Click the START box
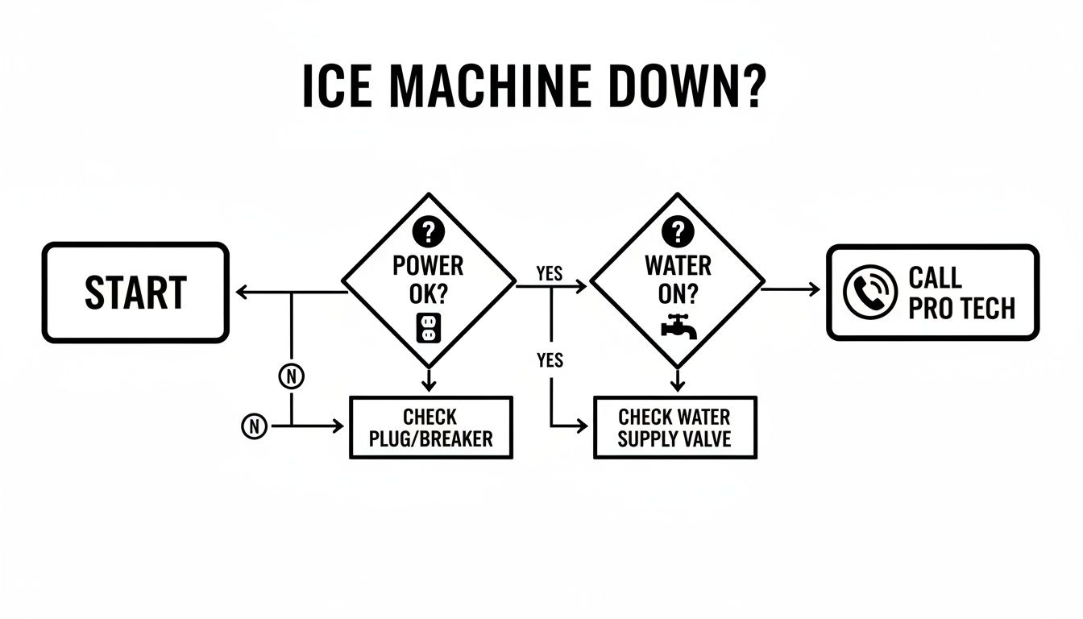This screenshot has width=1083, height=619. [x=135, y=293]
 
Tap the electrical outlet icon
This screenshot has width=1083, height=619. [x=428, y=327]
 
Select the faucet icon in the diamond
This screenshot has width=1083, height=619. [x=678, y=326]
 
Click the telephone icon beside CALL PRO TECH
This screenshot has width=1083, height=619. [x=870, y=292]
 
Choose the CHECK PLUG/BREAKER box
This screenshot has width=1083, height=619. [x=430, y=428]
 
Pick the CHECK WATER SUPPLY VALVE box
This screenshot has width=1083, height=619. [x=674, y=428]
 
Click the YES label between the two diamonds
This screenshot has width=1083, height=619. [x=549, y=274]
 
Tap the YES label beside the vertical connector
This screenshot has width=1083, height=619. [x=549, y=360]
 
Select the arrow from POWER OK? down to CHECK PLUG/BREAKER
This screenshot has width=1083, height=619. [x=429, y=379]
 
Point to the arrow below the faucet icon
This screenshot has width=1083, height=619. [x=678, y=378]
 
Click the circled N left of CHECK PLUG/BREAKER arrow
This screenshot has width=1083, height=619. [x=254, y=426]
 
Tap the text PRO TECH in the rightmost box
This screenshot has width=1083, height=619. [x=961, y=308]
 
